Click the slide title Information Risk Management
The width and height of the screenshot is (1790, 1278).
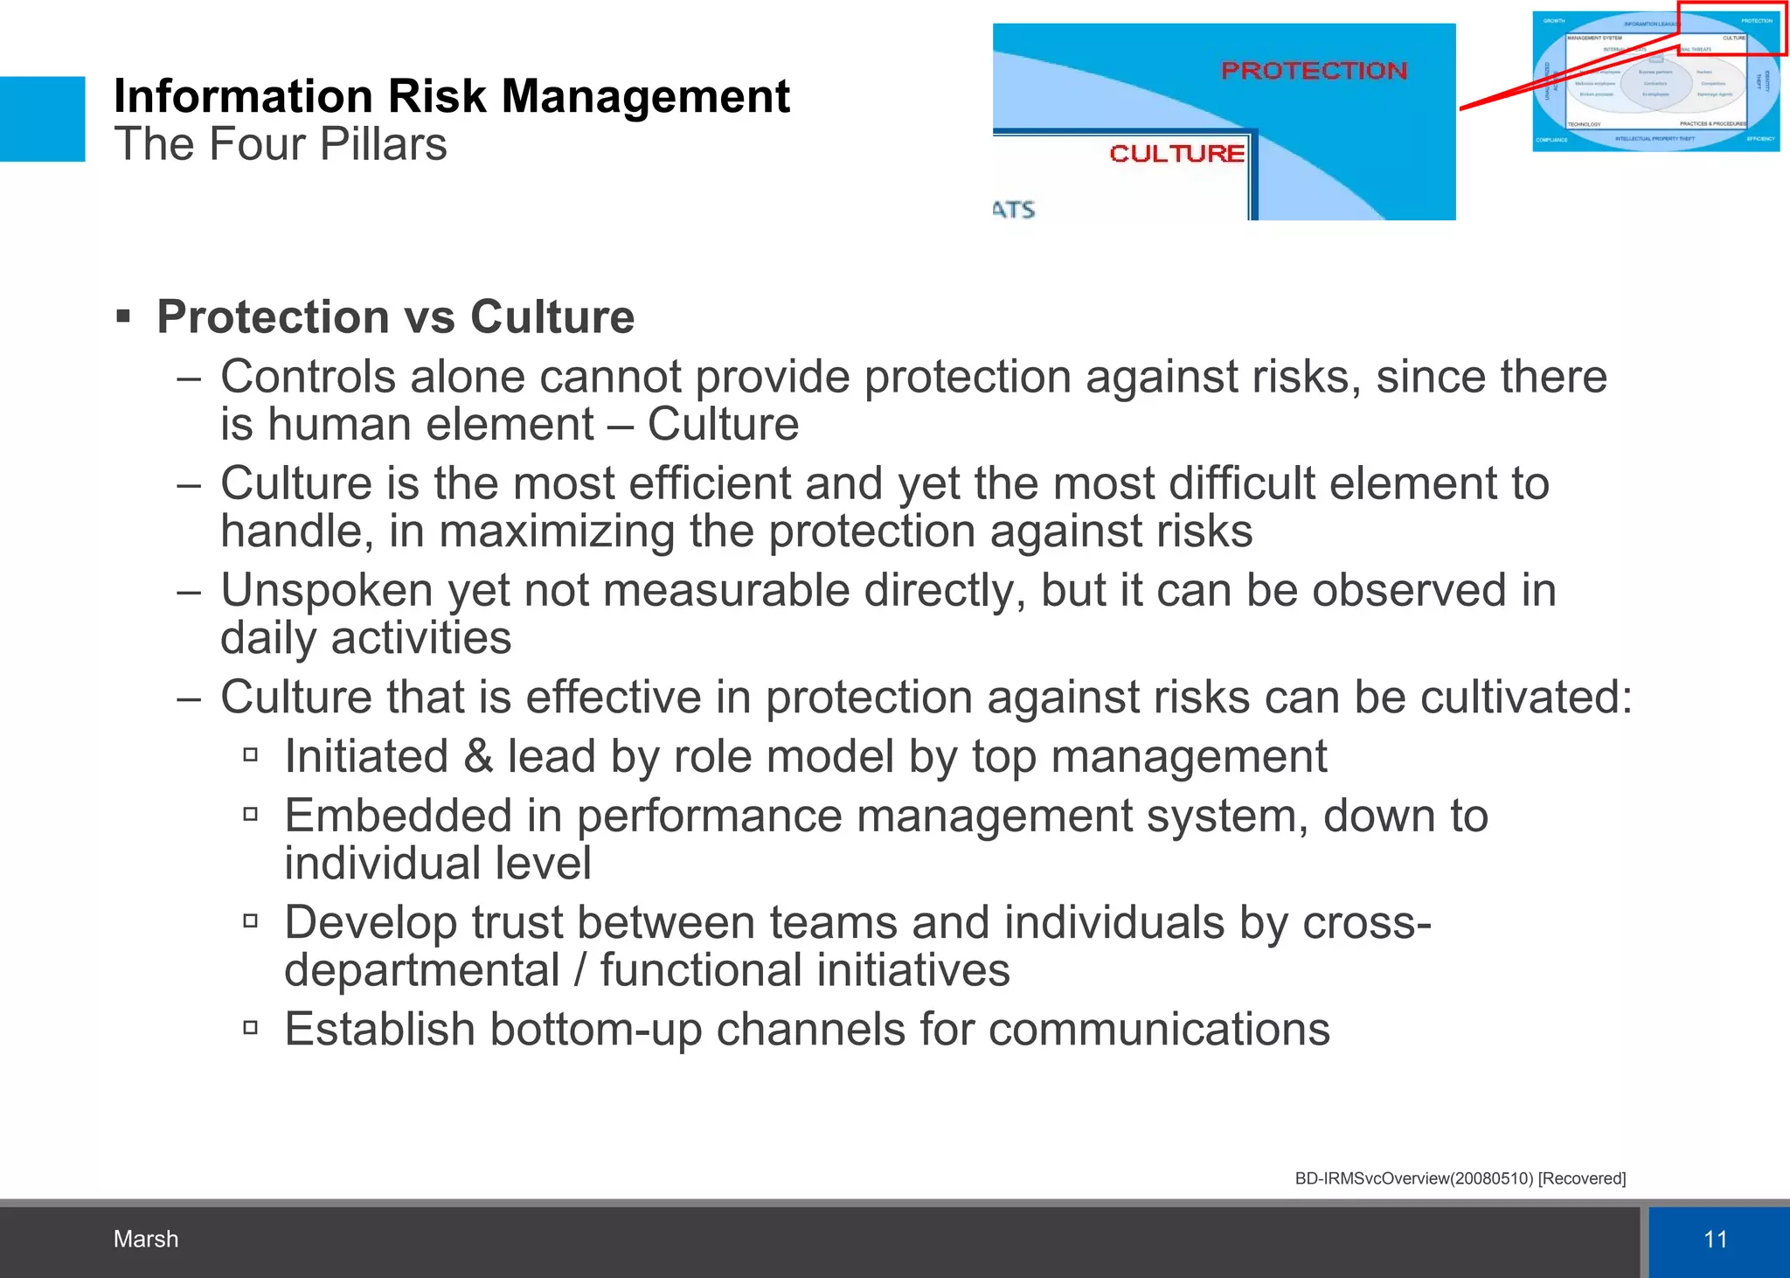coord(451,96)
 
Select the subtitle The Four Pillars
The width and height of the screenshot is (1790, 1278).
coord(280,144)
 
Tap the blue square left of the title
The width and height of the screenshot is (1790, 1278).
coord(42,119)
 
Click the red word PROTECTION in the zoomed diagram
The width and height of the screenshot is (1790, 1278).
coord(1314,71)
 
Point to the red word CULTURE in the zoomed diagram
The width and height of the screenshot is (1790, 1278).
coord(1176,154)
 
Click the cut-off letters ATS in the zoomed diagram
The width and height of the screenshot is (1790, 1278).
coord(1014,210)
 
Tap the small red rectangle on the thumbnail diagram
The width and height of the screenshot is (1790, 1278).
coord(1731,29)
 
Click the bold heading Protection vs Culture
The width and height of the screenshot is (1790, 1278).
coord(395,316)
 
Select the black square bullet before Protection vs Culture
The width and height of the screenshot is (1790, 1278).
coord(123,316)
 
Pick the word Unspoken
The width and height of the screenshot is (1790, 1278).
coord(326,590)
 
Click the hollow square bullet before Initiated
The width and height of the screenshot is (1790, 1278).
coord(251,754)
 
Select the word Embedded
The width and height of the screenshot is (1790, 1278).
coord(398,816)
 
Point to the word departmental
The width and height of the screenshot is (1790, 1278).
coord(421,970)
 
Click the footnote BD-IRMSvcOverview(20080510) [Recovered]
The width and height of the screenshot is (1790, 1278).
coord(1460,1178)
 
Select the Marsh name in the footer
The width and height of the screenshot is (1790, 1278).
coord(146,1239)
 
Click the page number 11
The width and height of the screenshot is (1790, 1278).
coord(1715,1239)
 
